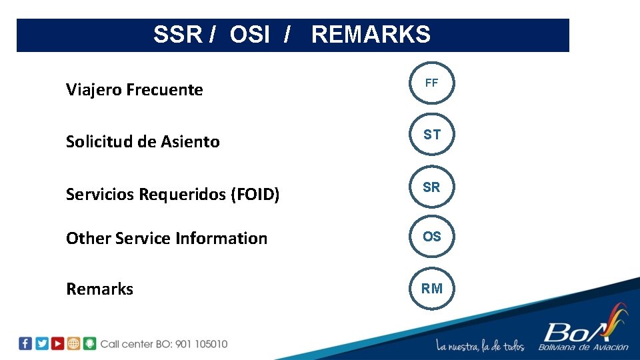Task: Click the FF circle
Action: pos(431,83)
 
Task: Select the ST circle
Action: pos(431,135)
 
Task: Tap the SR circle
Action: pos(431,188)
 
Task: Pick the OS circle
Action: pos(431,237)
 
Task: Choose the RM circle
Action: pos(431,289)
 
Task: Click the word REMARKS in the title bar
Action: pos(371,35)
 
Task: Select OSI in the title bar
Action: pos(250,35)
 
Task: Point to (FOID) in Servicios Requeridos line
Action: pos(255,195)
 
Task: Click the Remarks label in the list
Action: pos(99,289)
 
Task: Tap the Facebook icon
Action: pos(25,343)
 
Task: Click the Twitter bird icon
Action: pos(42,343)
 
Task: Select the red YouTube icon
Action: pos(58,343)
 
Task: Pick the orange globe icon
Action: pos(74,343)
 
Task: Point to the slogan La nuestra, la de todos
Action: pos(480,346)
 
